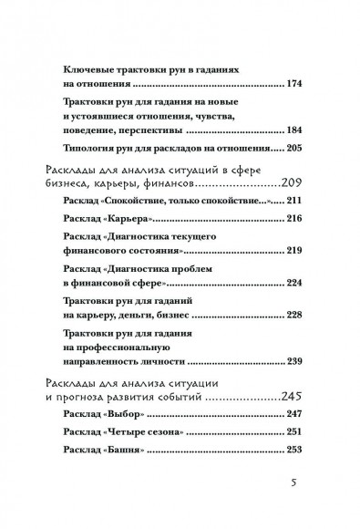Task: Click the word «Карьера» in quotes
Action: tap(133, 246)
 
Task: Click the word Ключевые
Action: tap(95, 68)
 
